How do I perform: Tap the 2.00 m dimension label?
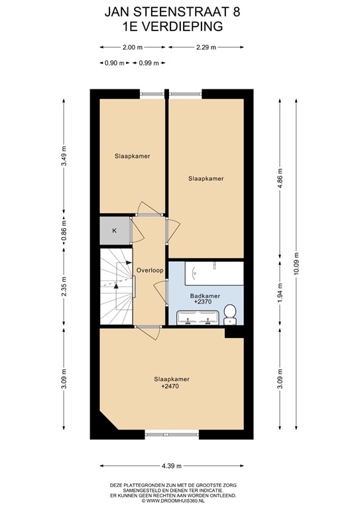coord(133,47)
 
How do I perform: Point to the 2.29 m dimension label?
coord(206,47)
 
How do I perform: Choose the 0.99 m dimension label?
coord(149,63)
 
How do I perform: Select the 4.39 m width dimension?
coord(172,465)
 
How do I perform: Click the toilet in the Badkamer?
coord(230,311)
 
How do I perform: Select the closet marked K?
coord(114,230)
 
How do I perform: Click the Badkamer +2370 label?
coord(204,298)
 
